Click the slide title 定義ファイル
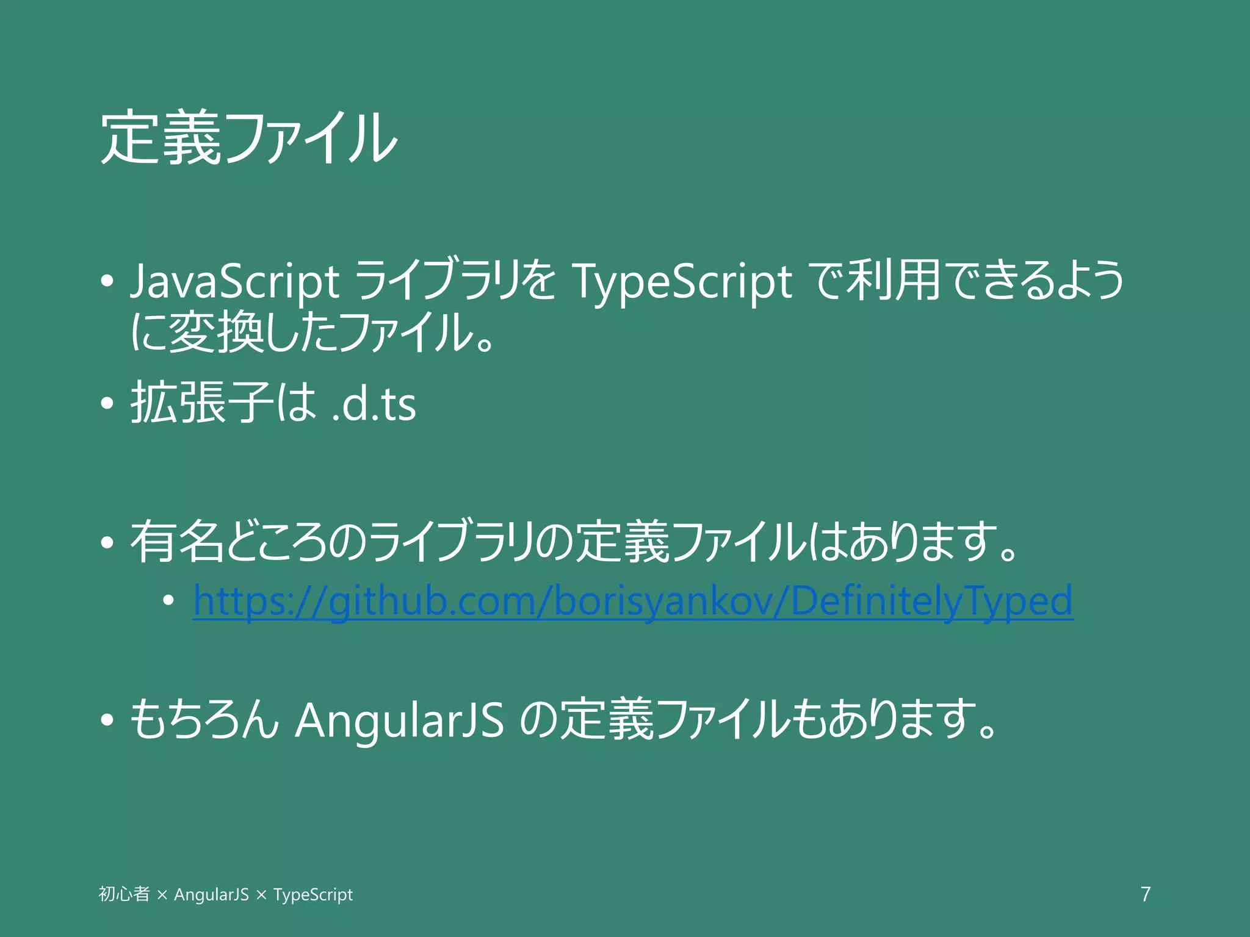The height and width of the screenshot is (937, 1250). (x=249, y=137)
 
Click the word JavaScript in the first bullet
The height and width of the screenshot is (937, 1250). (x=235, y=282)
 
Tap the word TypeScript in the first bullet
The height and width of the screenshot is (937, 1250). (x=681, y=282)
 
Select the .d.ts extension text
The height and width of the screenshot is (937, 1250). (x=374, y=404)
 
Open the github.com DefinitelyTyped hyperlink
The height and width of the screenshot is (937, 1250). (x=633, y=601)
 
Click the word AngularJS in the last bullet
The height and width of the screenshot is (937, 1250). (x=400, y=720)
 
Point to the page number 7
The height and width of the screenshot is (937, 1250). (x=1146, y=894)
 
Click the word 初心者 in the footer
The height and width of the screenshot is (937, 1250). (x=124, y=894)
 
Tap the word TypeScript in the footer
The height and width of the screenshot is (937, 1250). (x=313, y=895)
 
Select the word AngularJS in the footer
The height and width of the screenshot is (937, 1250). (x=211, y=895)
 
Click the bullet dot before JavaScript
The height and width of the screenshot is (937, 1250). (x=107, y=282)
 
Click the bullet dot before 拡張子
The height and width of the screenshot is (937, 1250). (x=107, y=403)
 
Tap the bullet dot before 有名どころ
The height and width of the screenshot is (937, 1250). (x=107, y=542)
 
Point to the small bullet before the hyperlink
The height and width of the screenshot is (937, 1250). (x=168, y=601)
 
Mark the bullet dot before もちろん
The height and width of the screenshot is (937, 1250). (x=107, y=720)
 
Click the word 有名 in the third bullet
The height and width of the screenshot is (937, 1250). (x=177, y=542)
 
